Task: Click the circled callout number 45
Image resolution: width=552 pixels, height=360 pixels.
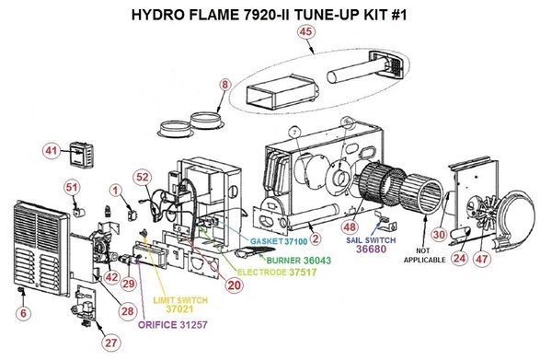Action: (305, 31)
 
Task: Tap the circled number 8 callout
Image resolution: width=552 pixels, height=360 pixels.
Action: (224, 85)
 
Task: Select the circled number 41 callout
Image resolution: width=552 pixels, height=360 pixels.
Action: (51, 151)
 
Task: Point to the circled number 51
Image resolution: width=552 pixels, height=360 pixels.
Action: (72, 188)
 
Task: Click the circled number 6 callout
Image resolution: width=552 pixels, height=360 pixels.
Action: (23, 313)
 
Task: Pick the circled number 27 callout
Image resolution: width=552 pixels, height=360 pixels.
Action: (111, 343)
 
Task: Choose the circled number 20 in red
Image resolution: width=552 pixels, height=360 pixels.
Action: (234, 285)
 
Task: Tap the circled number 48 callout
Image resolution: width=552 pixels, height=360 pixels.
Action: (350, 227)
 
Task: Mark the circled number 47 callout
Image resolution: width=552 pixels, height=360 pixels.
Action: (481, 259)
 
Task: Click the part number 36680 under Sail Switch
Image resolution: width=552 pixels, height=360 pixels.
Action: (371, 249)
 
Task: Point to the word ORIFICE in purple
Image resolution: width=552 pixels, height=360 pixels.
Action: (157, 325)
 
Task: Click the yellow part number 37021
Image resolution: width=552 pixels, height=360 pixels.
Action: (180, 309)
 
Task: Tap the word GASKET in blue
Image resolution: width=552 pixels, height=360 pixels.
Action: (267, 241)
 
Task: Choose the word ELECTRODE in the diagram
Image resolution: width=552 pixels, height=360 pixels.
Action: (262, 273)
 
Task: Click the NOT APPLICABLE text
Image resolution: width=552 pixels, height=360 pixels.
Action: (424, 255)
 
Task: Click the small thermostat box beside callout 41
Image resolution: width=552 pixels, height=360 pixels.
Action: (82, 154)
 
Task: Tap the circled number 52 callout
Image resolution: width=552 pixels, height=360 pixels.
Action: (143, 177)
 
